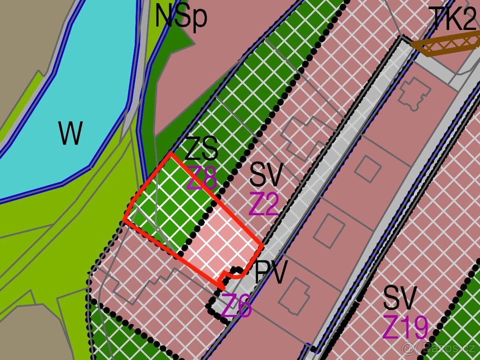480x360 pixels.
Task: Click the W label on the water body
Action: pos(71,134)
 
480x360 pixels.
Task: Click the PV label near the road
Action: pos(271,273)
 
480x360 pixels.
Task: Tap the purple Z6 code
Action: pos(236,306)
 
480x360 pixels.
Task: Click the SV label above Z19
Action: pos(400,298)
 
